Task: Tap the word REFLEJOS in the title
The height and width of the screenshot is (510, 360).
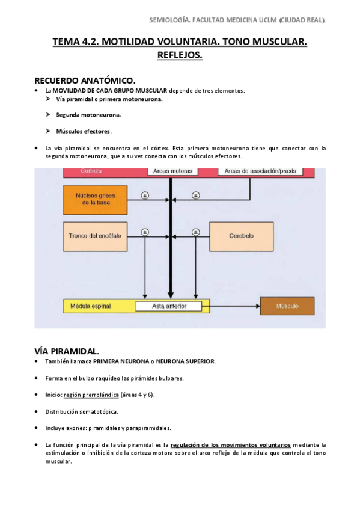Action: click(x=180, y=55)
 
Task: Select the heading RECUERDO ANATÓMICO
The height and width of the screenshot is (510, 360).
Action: click(x=85, y=80)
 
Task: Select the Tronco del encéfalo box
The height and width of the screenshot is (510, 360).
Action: click(x=91, y=236)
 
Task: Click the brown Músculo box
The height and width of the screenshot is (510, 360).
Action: click(x=287, y=306)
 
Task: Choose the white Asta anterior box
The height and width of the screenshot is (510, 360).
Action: click(x=169, y=306)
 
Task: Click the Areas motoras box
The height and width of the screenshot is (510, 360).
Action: click(x=172, y=171)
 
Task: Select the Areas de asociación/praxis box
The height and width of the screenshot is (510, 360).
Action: click(x=260, y=171)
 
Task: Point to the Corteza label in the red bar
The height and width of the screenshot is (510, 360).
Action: click(x=91, y=171)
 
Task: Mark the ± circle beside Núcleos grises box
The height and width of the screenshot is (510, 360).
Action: click(x=145, y=195)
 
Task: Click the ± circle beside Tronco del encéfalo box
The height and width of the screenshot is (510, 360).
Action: click(x=145, y=232)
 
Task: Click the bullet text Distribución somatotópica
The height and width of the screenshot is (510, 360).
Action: click(x=82, y=411)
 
